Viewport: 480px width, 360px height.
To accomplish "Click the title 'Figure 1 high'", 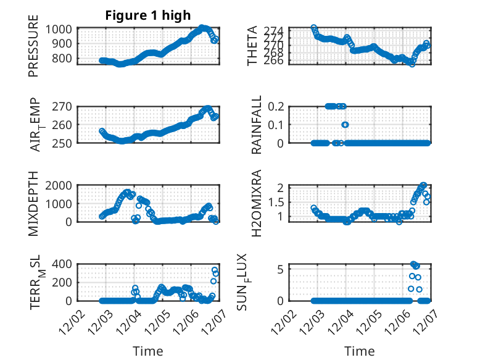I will point(147,15).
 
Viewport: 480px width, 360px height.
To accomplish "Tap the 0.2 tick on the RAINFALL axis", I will point(294,106).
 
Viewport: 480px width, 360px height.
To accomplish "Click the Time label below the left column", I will point(148,351).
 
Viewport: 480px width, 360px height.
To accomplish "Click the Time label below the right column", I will point(359,351).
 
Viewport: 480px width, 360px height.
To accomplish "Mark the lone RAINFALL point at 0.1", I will point(346,125).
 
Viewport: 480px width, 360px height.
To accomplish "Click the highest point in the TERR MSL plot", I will point(215,270).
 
